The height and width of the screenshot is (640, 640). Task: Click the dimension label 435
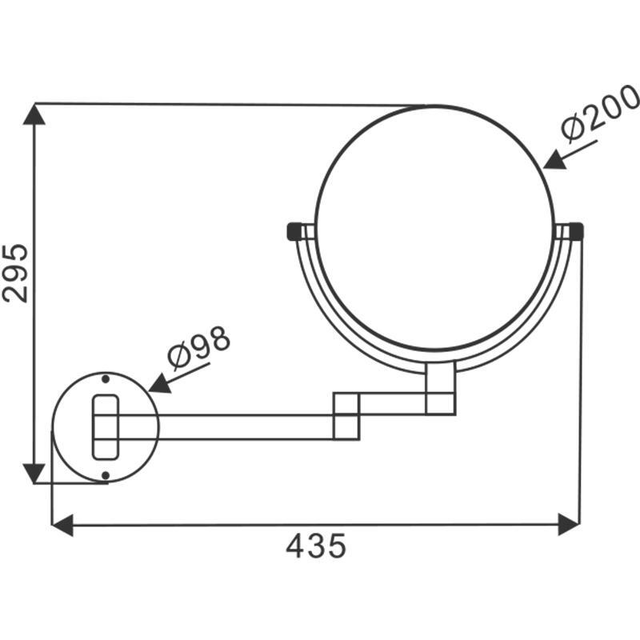pos(316,546)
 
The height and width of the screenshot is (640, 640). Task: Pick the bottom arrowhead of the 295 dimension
pos(34,473)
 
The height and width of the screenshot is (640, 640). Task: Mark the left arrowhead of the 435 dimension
pos(62,526)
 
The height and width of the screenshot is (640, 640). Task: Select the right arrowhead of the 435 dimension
pos(569,526)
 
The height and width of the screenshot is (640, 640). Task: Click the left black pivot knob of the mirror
pos(294,231)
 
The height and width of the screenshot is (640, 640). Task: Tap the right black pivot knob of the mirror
pos(576,231)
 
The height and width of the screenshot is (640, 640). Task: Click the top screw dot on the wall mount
pos(106,378)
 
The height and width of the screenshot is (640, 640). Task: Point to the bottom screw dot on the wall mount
pos(106,475)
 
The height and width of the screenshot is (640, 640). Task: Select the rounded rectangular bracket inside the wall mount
pos(106,426)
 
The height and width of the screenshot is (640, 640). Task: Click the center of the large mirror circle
pos(434,227)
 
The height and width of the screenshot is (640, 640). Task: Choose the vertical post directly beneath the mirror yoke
pos(440,388)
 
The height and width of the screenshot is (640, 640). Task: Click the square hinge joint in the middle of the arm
pos(346,415)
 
